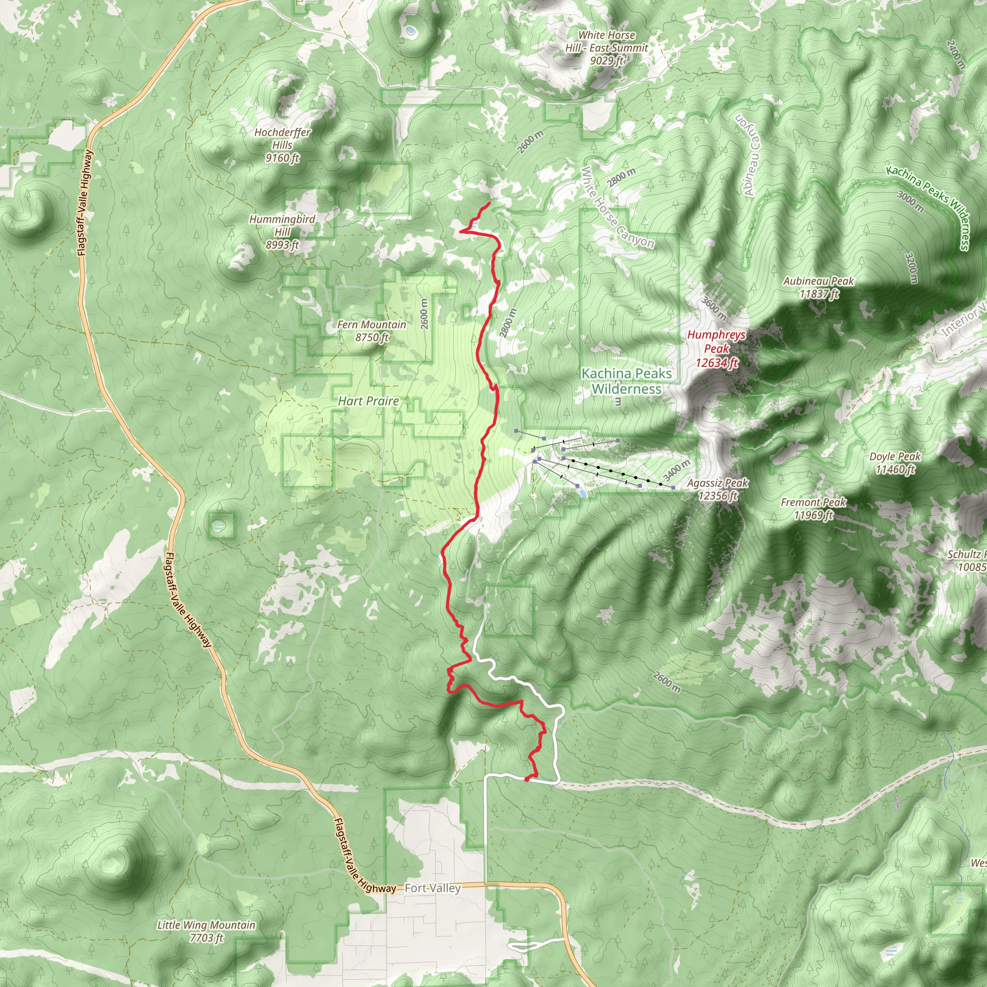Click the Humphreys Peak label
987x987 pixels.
[x=716, y=348]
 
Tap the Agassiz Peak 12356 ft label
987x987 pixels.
[x=717, y=489]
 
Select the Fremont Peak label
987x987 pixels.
[x=814, y=508]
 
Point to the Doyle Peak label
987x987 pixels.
[x=894, y=462]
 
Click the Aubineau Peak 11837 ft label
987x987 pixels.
[x=818, y=287]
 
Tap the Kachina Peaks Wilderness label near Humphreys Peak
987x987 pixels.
[x=627, y=381]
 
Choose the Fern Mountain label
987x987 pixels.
[x=372, y=331]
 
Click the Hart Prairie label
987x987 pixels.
[x=368, y=401]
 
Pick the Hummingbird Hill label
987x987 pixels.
[x=282, y=232]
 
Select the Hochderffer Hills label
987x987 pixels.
[x=282, y=145]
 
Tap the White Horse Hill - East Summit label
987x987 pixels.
[x=606, y=48]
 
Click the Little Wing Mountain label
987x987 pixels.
[x=206, y=931]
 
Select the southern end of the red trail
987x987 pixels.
[x=526, y=780]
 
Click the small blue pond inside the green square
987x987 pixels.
[x=218, y=525]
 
